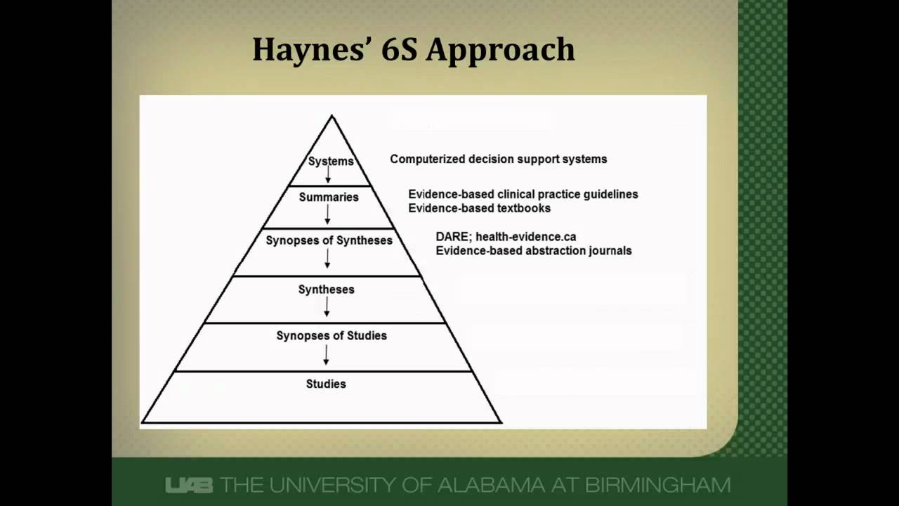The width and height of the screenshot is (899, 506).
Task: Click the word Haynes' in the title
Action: (x=306, y=50)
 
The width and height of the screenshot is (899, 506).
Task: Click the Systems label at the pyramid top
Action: (x=331, y=161)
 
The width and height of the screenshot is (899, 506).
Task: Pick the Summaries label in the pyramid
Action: (x=329, y=197)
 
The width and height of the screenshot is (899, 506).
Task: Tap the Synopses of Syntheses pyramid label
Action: (x=329, y=240)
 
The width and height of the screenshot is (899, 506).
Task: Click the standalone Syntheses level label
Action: (x=326, y=289)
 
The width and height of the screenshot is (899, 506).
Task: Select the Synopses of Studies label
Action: (x=332, y=335)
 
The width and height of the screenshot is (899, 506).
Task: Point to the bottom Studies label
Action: (x=326, y=384)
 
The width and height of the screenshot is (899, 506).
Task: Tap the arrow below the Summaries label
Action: (x=327, y=215)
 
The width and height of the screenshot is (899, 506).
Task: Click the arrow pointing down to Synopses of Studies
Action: (x=327, y=307)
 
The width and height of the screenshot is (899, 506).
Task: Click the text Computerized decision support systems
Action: (x=498, y=159)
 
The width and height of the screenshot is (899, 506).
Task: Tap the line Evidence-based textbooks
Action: (x=479, y=208)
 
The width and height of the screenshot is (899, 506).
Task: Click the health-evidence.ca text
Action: (x=525, y=237)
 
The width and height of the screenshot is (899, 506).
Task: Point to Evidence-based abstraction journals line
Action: (x=533, y=250)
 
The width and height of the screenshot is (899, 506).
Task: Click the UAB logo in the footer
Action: (x=189, y=485)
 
